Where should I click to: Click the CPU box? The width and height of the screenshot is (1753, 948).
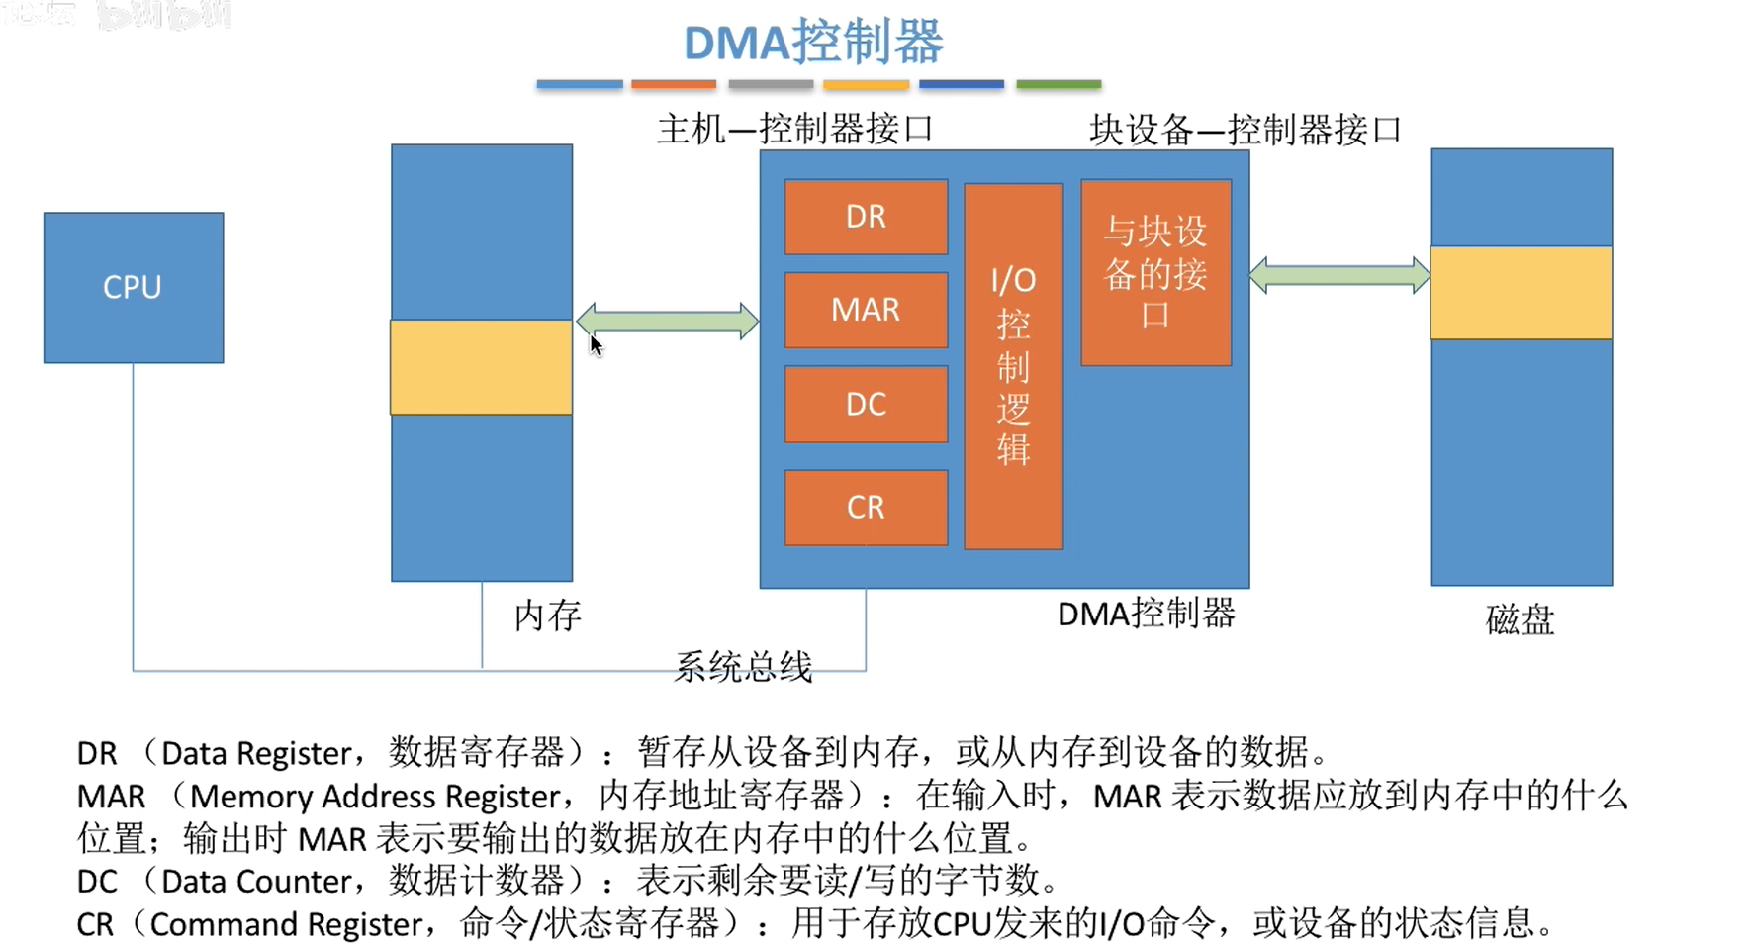click(x=134, y=287)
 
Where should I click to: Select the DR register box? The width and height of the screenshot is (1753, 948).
click(x=866, y=217)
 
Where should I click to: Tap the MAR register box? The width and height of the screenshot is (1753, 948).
click(x=866, y=310)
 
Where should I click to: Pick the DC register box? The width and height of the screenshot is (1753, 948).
click(x=866, y=404)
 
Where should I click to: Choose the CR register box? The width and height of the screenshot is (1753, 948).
click(x=866, y=507)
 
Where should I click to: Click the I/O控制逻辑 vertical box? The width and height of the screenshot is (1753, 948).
click(x=1013, y=366)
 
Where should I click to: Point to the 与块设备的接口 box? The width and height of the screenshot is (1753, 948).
click(x=1155, y=272)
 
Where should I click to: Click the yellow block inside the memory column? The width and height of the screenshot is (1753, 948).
click(x=481, y=367)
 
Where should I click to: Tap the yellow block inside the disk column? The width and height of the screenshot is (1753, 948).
click(x=1521, y=293)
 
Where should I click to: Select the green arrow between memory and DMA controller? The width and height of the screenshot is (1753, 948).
click(x=668, y=321)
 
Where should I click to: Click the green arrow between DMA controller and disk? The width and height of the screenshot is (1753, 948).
click(x=1338, y=275)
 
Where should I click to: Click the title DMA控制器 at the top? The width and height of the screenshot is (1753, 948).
click(x=813, y=43)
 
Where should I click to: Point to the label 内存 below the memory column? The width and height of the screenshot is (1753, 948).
click(x=547, y=616)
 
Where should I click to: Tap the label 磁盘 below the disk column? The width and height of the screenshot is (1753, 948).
click(x=1520, y=619)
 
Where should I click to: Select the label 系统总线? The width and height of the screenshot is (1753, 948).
click(x=743, y=667)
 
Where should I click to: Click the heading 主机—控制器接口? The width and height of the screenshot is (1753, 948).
click(x=794, y=129)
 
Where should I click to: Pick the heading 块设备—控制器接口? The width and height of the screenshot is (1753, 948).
click(x=1245, y=130)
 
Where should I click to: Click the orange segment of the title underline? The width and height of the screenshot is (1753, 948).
click(x=673, y=85)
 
